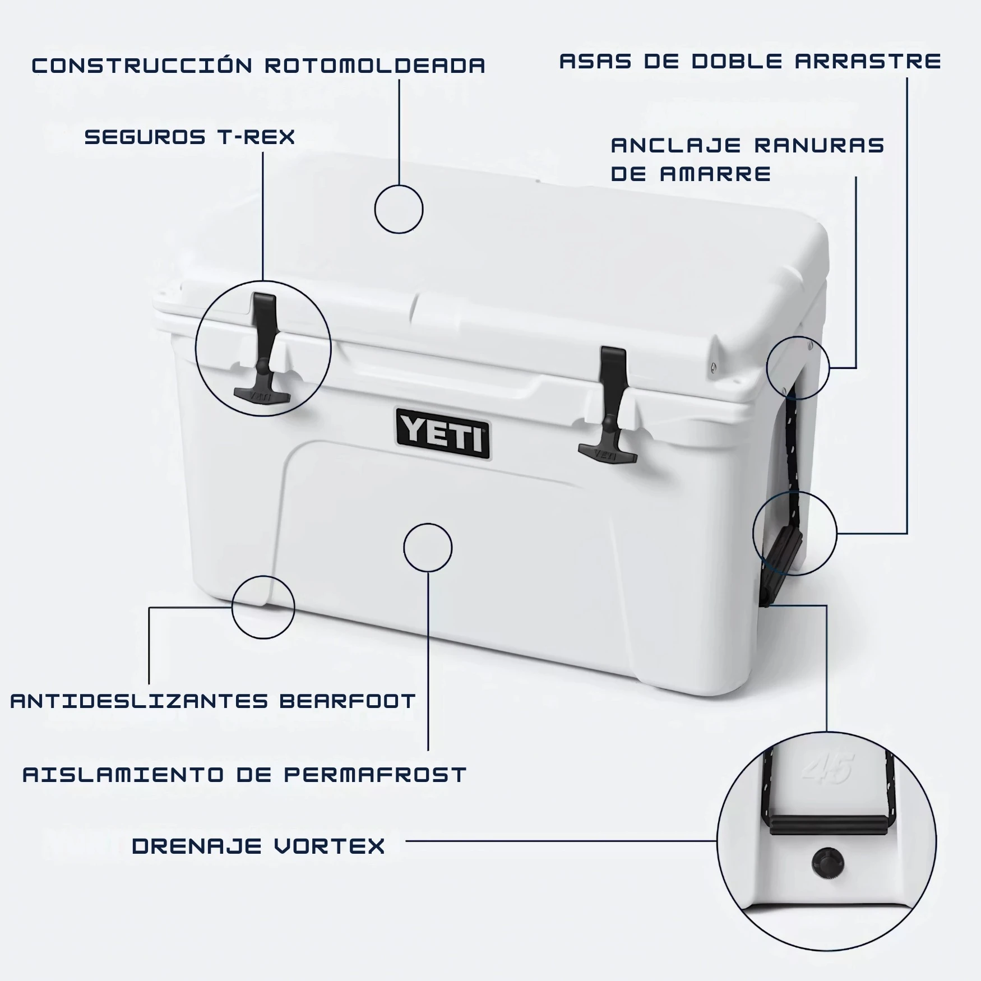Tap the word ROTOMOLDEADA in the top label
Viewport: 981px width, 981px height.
(375, 66)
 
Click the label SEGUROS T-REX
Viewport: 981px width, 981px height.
(189, 137)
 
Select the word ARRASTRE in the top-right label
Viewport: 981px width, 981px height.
(868, 61)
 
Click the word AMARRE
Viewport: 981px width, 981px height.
(716, 174)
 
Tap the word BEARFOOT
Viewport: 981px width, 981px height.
(348, 701)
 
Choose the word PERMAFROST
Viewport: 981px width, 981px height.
(375, 775)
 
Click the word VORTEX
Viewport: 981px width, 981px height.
(330, 846)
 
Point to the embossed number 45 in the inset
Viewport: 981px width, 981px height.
(827, 769)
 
